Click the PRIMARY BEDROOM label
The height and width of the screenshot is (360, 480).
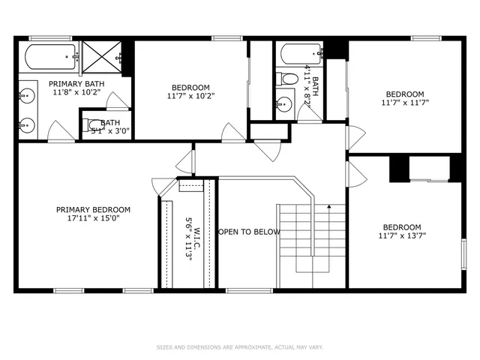coord(94,209)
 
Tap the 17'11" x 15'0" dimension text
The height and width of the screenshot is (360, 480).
coord(94,218)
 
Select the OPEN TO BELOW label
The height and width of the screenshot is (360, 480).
coord(249,232)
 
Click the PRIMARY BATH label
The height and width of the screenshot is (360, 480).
coord(76,83)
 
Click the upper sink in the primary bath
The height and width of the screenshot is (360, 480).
coord(27,94)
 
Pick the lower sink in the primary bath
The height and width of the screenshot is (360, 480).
coord(27,124)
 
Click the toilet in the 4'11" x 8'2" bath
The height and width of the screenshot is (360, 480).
coord(287,77)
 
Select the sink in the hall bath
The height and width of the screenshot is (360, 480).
coord(284,103)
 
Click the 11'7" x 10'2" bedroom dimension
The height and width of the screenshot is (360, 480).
coord(190,96)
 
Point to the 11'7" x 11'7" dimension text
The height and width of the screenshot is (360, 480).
coord(405,103)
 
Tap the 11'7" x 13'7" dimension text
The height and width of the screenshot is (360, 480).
coord(402,236)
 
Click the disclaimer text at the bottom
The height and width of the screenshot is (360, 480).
coord(239,347)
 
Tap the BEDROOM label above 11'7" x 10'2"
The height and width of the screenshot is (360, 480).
coord(190,87)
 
